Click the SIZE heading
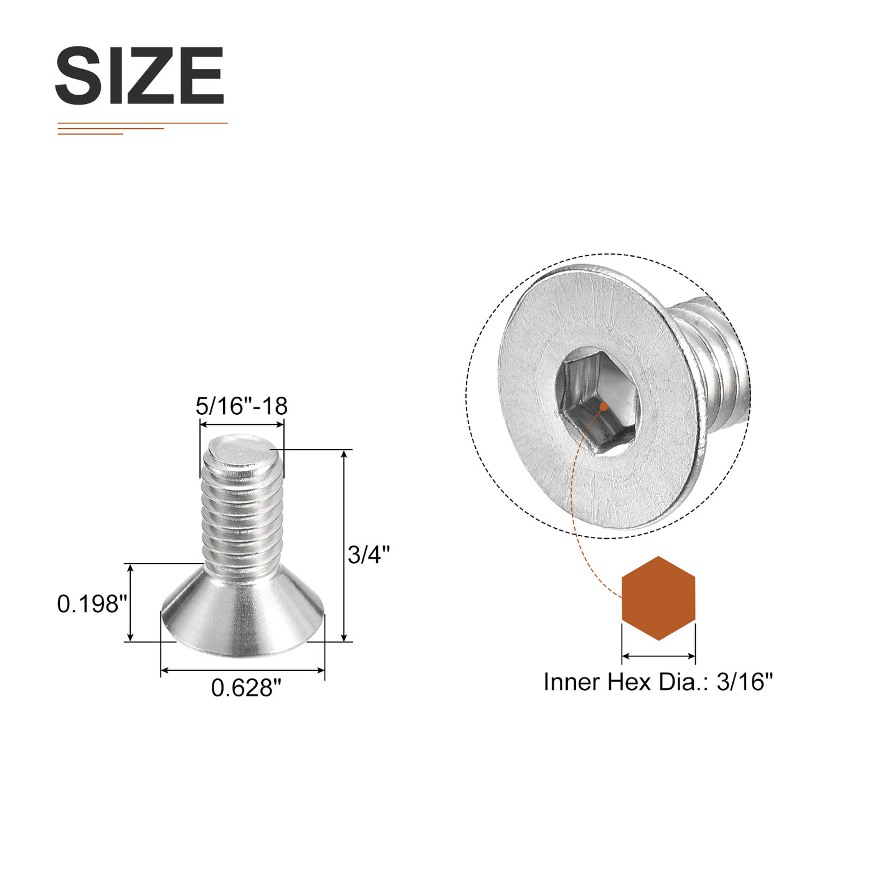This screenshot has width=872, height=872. pyautogui.click(x=140, y=75)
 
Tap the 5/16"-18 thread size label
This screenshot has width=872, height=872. pyautogui.click(x=241, y=406)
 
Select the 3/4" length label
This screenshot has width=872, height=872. pyautogui.click(x=369, y=554)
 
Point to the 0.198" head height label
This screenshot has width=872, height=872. pyautogui.click(x=92, y=604)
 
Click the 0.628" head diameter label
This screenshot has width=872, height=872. pyautogui.click(x=246, y=688)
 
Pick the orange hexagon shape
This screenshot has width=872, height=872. pyautogui.click(x=658, y=599)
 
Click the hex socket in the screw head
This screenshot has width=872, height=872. pyautogui.click(x=597, y=402)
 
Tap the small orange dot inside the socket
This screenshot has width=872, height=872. pyautogui.click(x=603, y=407)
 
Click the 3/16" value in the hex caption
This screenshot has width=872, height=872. pyautogui.click(x=744, y=681)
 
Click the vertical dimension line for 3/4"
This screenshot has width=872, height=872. pyautogui.click(x=344, y=545)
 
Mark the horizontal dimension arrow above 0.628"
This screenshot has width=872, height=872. pyautogui.click(x=243, y=670)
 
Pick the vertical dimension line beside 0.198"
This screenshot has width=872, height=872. pyautogui.click(x=130, y=602)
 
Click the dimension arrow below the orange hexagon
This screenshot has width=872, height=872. pyautogui.click(x=658, y=656)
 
